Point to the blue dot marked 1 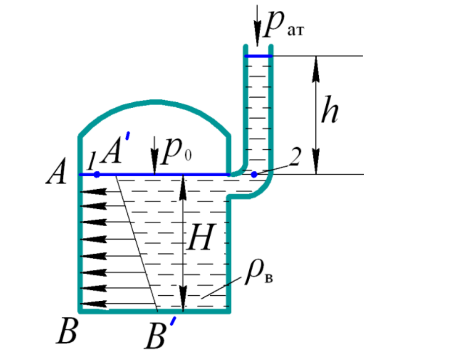point(97,174)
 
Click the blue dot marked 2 point(254,174)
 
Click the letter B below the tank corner point(66,332)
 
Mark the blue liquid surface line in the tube point(258,56)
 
